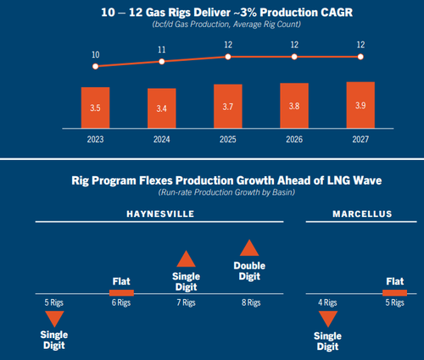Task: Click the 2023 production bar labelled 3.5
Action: [x=95, y=108]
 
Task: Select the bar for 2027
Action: [x=360, y=105]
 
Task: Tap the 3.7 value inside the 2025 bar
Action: [x=228, y=107]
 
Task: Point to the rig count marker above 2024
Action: [x=162, y=62]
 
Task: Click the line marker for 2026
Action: [x=294, y=57]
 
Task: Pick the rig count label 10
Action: [x=96, y=54]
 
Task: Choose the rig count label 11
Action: [x=162, y=50]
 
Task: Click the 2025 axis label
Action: [x=228, y=139]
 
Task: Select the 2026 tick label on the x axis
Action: [x=294, y=139]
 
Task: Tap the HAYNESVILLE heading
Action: [x=160, y=213]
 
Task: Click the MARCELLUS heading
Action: [x=362, y=213]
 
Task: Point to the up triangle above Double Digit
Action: [x=249, y=247]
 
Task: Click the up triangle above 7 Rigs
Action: [x=186, y=258]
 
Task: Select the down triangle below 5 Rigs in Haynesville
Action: [x=54, y=319]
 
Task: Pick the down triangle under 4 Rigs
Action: [x=328, y=319]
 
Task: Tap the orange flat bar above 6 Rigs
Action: [x=121, y=293]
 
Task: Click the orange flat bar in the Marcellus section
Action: [x=395, y=293]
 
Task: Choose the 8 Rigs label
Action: [x=251, y=302]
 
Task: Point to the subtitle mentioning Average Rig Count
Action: [x=226, y=25]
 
